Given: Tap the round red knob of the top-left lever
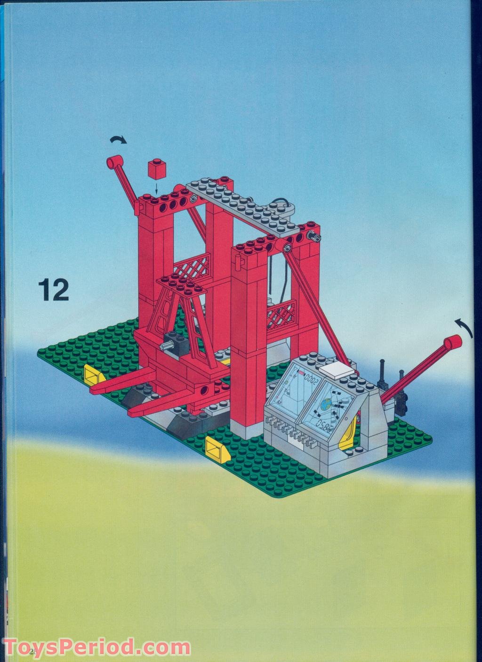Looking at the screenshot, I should pos(114,163).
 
